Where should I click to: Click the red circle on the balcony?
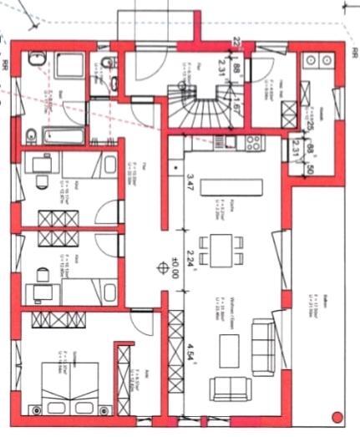[337, 415]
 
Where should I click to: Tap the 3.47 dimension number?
[190, 182]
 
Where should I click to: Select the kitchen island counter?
[222, 183]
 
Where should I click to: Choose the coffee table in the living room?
[226, 347]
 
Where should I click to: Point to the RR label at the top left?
[6, 64]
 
